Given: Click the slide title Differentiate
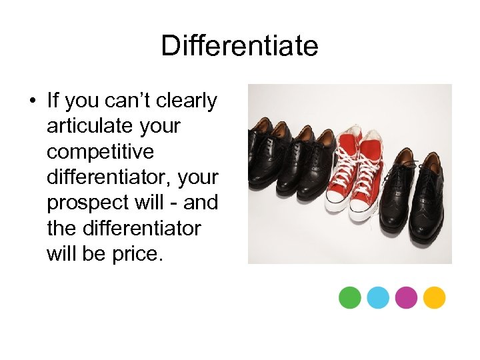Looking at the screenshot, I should pos(239,47).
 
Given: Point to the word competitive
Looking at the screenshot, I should pos(100,152).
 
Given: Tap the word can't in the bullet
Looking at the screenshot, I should pos(128,101).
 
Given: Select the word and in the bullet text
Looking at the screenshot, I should pos(203,203).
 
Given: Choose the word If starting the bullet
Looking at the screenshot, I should pos(53,101).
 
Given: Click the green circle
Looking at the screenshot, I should pos(350,297).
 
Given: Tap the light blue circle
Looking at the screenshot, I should pos(378,297).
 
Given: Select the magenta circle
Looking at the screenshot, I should pos(406,297).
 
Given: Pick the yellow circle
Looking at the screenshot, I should pos(434,297).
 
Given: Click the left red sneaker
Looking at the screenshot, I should pos(343,173).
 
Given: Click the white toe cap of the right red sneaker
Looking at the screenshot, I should pos(363,212).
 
